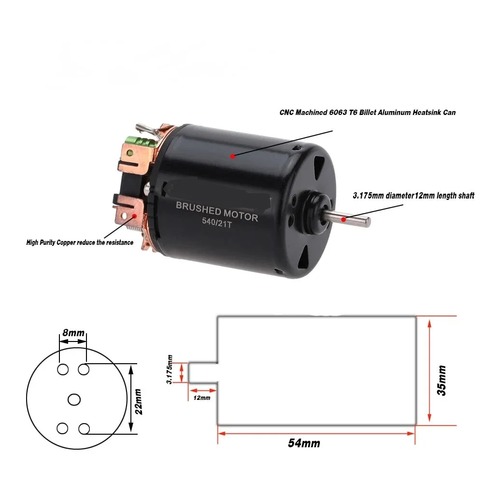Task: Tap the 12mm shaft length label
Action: pyautogui.click(x=201, y=398)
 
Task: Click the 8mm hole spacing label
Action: pyautogui.click(x=73, y=333)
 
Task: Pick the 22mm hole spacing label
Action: pyautogui.click(x=139, y=401)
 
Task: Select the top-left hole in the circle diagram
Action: pyautogui.click(x=62, y=369)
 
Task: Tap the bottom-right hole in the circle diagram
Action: pyautogui.click(x=84, y=428)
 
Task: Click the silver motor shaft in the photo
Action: pyautogui.click(x=355, y=219)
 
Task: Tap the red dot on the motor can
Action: pyautogui.click(x=232, y=156)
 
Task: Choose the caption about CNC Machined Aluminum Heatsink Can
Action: pyautogui.click(x=368, y=112)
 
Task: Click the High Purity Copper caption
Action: pyautogui.click(x=80, y=242)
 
